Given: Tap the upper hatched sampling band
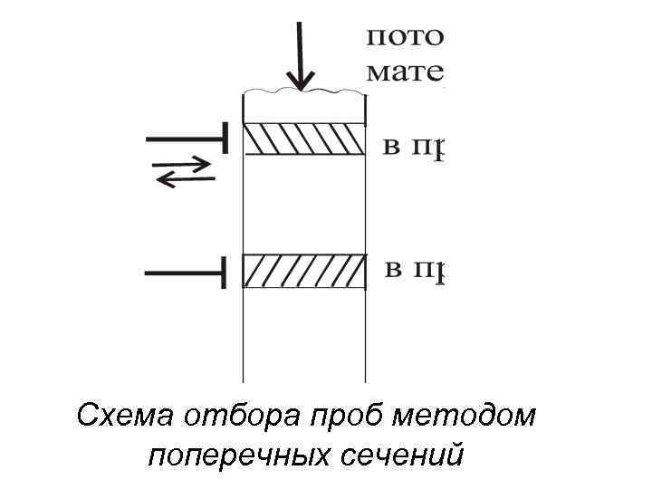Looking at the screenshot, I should pos(304,139).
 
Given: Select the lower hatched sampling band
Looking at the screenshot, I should pos(304,271).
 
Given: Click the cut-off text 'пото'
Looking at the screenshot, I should pos(404,38).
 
